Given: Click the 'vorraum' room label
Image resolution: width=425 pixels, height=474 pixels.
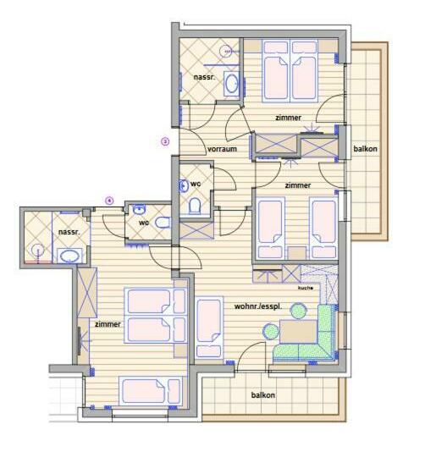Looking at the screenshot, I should click(221, 149).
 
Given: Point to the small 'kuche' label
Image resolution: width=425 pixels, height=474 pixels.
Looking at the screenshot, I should click(305, 288).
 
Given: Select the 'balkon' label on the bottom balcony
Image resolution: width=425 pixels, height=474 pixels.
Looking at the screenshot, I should click(262, 395).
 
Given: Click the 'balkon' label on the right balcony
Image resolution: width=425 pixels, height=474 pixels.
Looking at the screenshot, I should click(365, 149).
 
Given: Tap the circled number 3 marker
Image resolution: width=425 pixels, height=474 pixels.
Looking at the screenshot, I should click(165, 141).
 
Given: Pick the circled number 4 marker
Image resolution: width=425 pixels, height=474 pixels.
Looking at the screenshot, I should click(109, 200).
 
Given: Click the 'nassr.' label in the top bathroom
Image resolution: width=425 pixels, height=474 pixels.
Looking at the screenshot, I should click(203, 78).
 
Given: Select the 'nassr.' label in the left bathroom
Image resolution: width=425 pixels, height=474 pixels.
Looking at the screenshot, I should click(69, 231).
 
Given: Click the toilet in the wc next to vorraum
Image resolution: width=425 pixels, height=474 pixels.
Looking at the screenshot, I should click(194, 206).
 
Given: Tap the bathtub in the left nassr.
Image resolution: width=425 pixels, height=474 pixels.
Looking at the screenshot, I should click(69, 256).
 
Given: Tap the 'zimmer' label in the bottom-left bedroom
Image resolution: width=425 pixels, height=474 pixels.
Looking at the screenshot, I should click(108, 323).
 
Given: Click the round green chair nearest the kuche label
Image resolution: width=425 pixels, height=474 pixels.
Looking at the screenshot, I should click(298, 311).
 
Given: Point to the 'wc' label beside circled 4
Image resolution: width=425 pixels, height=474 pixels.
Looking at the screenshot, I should click(144, 223).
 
